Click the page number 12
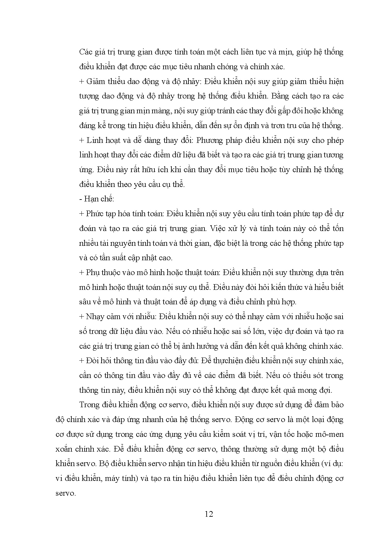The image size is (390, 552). pyautogui.click(x=209, y=514)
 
